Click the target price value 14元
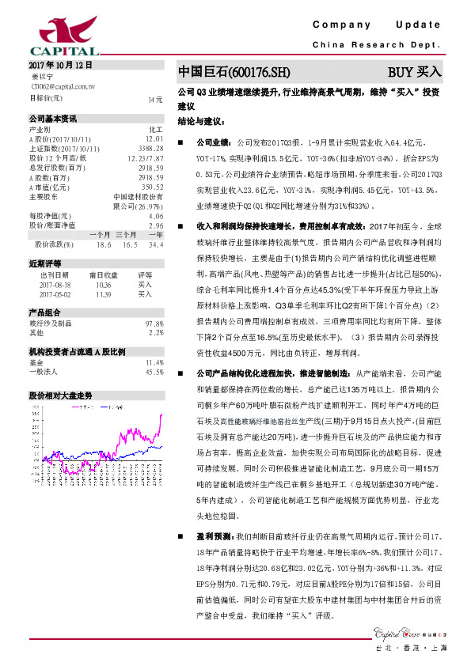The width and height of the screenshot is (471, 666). click(155, 100)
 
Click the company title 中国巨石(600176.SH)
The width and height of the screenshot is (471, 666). click(229, 71)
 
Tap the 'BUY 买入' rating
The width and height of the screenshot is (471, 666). click(414, 71)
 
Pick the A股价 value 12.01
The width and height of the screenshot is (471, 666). click(155, 138)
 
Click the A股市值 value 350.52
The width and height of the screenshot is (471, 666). click(153, 186)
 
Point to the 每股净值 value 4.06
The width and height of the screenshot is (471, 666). click(155, 215)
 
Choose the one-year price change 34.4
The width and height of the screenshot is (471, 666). click(155, 245)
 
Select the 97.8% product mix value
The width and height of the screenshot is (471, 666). click(154, 324)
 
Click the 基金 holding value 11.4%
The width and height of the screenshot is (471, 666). click(154, 361)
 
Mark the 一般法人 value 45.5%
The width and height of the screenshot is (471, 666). click(154, 371)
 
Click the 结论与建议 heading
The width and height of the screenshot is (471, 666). click(202, 122)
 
